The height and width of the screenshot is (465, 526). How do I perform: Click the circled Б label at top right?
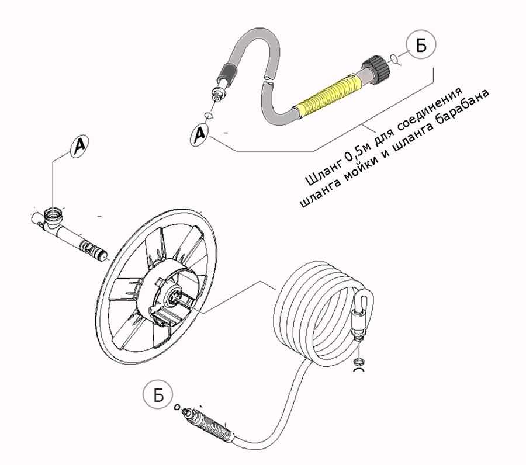(x=418, y=46)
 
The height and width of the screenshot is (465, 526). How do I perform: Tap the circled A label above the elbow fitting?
(x=81, y=145)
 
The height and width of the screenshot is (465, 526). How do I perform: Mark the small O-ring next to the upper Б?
(x=397, y=58)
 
